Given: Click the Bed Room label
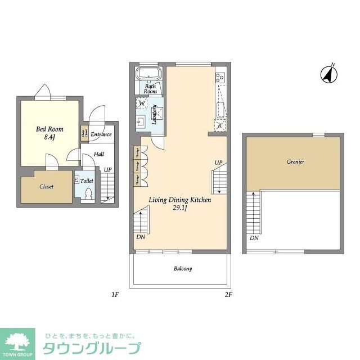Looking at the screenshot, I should point(49,129).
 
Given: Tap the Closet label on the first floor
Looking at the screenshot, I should point(47,187).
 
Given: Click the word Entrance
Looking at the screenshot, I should point(101,134).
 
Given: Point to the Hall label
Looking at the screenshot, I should point(98,154).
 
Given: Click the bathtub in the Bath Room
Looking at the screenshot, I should point(150,73).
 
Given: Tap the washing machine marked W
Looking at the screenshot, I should point(143,104).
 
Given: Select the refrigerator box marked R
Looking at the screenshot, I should point(219,125).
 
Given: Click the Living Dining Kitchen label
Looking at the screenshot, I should point(179,200).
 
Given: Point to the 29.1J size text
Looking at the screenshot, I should point(179,209).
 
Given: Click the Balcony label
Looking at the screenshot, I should point(182,269).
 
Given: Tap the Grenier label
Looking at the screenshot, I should point(295,162).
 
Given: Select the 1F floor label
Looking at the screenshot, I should point(115,294).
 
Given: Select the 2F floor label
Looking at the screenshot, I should point(228,294).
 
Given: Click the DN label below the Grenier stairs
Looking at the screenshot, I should point(254,238).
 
